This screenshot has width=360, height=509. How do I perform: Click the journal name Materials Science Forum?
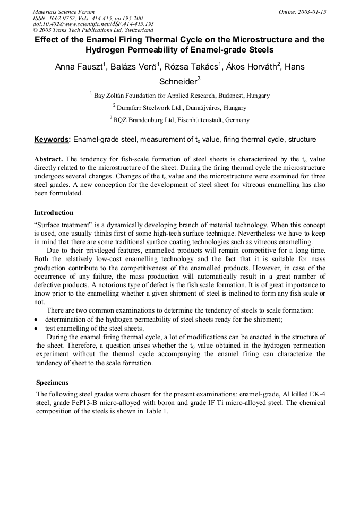tap(64, 12)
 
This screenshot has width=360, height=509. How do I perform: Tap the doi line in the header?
tap(93, 24)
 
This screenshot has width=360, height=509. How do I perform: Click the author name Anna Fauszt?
tap(80, 67)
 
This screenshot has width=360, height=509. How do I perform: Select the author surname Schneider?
tap(178, 82)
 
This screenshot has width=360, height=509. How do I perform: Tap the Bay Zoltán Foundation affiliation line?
tap(181, 96)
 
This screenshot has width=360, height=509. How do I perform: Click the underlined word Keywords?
tap(52, 140)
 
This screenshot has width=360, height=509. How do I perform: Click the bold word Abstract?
tap(48, 159)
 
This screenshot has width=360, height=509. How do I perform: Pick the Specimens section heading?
tap(52, 382)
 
